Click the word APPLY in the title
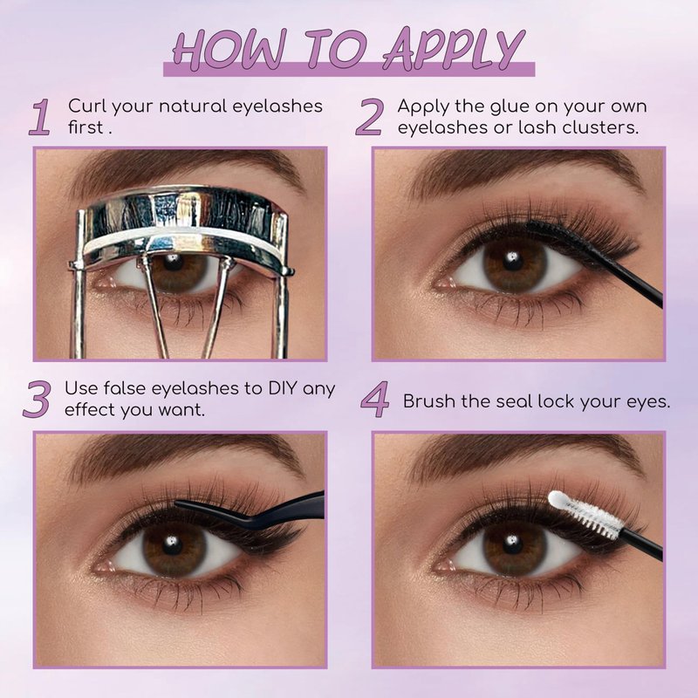point(454,49)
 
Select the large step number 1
point(40,117)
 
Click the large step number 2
point(369,117)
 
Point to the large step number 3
point(37,400)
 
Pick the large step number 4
point(375,400)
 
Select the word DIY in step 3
point(282,388)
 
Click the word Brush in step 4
point(429,401)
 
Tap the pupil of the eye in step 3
point(172,544)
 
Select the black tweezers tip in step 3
point(178,503)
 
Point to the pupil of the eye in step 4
point(512,544)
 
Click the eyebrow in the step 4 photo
point(525,456)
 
